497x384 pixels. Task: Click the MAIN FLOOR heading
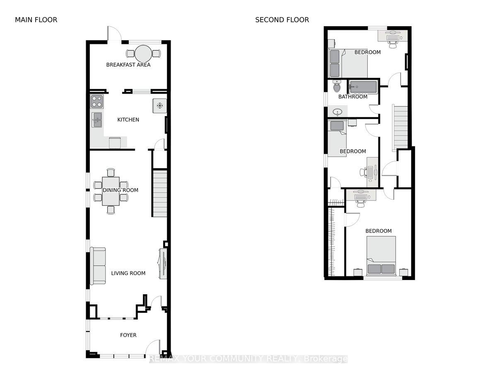click(36, 20)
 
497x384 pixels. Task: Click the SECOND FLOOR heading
click(282, 20)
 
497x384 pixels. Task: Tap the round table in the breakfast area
click(143, 53)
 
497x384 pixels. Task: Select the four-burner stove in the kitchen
click(97, 101)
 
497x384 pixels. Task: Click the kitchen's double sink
click(97, 120)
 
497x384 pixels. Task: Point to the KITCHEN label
click(128, 120)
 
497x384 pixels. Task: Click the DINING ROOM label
click(121, 190)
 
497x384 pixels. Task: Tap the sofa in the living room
click(98, 266)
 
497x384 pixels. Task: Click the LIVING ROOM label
click(128, 273)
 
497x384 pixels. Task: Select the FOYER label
click(128, 335)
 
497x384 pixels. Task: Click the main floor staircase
click(160, 193)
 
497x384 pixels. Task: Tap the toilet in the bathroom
click(337, 87)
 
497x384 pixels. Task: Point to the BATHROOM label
click(352, 97)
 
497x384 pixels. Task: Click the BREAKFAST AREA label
click(128, 65)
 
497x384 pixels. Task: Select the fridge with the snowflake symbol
click(159, 105)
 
